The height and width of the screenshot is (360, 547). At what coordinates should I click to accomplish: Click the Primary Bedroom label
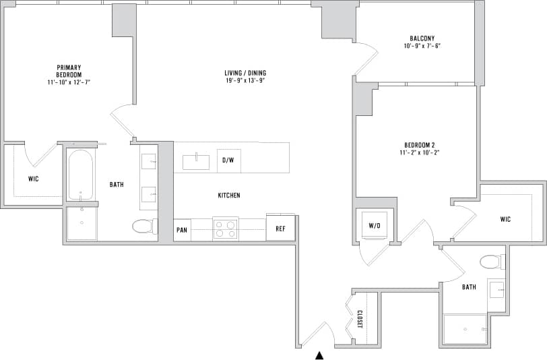click(69, 70)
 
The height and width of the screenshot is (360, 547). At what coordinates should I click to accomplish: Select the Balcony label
click(422, 38)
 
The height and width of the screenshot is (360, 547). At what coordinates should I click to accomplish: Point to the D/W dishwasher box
click(228, 160)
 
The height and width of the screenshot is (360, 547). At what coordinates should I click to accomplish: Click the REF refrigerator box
click(280, 229)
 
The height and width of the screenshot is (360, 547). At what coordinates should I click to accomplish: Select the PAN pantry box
click(182, 229)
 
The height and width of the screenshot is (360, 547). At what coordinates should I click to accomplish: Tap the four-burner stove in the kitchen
click(226, 229)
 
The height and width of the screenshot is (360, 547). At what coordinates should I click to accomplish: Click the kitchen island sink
click(196, 162)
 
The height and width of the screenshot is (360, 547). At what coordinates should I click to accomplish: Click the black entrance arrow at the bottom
click(321, 355)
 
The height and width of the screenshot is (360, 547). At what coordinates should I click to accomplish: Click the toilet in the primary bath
click(144, 226)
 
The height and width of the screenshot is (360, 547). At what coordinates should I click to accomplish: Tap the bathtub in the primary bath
click(81, 175)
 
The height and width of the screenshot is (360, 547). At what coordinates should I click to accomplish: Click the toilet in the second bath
click(490, 262)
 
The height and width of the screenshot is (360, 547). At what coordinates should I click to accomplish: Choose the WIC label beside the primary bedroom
click(33, 179)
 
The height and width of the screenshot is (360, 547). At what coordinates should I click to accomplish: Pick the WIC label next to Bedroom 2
click(506, 219)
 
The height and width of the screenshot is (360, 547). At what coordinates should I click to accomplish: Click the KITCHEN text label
click(228, 196)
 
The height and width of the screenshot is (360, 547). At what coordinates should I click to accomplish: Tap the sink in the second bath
click(496, 291)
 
